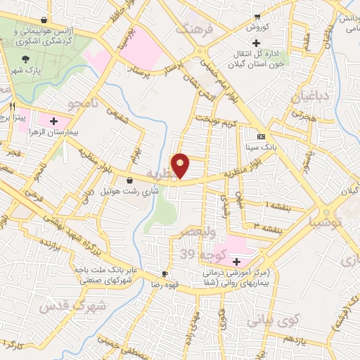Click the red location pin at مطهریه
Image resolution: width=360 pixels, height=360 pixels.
[x=181, y=165]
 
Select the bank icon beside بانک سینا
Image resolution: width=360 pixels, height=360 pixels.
[x=262, y=136]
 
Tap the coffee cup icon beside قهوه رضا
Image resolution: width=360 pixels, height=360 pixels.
[x=164, y=274]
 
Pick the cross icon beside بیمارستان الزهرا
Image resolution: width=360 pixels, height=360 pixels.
[x=54, y=121]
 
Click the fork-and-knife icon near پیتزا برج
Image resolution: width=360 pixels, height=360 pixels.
[x=13, y=106]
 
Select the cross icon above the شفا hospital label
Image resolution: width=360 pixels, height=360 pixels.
[x=236, y=261]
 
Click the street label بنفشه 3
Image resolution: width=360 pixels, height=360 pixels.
[x=267, y=228]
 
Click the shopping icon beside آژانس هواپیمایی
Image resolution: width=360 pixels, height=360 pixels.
[x=45, y=20]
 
